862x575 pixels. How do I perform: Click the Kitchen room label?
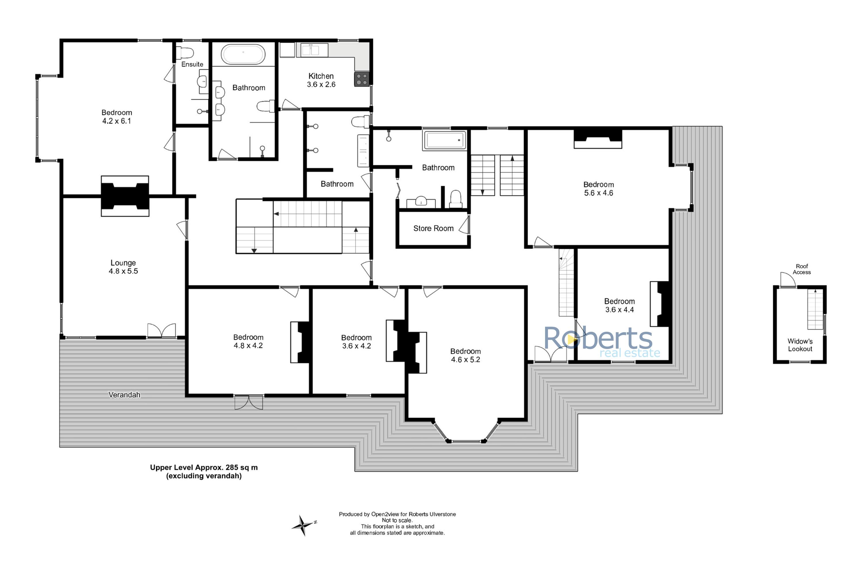tap(321, 76)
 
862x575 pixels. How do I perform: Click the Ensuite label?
tap(192, 64)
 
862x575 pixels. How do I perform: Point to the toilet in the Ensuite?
tap(185, 53)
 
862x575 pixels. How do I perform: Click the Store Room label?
tap(433, 229)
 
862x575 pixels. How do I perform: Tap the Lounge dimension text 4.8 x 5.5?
tap(123, 271)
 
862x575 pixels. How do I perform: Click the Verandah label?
tap(124, 394)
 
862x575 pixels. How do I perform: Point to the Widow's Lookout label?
tap(800, 345)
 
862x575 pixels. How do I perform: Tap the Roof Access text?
tap(802, 269)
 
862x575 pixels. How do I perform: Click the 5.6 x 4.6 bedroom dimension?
tap(599, 193)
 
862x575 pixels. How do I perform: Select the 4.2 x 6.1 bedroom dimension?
tap(117, 121)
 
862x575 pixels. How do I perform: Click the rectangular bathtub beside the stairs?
tap(445, 140)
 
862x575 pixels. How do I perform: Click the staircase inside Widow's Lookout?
tap(815, 309)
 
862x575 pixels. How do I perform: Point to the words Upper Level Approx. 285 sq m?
tap(204, 467)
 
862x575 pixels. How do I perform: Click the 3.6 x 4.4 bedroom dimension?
tap(619, 310)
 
